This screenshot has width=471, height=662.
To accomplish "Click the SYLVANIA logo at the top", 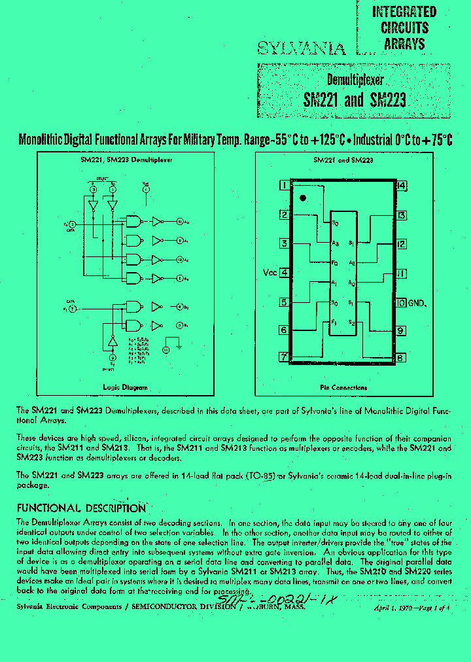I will (x=300, y=48).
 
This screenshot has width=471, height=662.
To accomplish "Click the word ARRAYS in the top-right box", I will (x=404, y=44).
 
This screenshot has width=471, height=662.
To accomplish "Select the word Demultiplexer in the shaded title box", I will (x=355, y=80).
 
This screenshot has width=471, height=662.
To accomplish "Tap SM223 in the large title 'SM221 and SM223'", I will (x=388, y=100).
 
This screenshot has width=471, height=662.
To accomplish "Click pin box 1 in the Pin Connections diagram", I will (x=283, y=185).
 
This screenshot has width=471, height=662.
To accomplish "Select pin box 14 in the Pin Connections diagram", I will (x=401, y=185).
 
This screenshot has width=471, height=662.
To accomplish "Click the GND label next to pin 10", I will (x=417, y=303).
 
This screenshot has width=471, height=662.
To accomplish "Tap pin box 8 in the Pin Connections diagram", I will (x=400, y=358).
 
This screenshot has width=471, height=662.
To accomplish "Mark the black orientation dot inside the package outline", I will (x=302, y=198).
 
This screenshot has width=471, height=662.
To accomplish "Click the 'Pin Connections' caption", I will (x=343, y=387).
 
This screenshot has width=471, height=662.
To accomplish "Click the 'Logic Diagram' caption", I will (x=125, y=387).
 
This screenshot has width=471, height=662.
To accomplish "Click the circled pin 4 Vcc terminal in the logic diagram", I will (x=146, y=188).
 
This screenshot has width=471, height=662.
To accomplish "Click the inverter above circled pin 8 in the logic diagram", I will (x=112, y=341).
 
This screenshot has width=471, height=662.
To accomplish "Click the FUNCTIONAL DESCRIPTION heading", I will (x=80, y=508).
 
